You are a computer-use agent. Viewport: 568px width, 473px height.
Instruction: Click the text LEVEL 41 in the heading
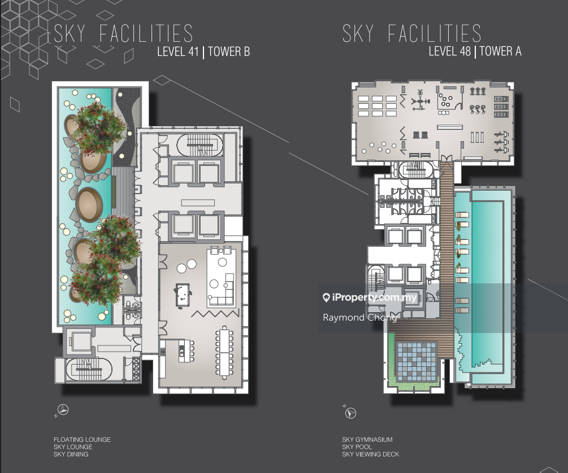[178, 51]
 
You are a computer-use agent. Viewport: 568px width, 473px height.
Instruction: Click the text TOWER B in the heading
[229, 51]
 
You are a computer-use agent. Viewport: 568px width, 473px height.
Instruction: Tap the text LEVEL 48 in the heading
[449, 51]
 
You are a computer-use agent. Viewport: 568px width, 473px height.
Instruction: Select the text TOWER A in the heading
[501, 51]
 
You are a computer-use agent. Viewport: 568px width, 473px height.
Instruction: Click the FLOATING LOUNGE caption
[82, 439]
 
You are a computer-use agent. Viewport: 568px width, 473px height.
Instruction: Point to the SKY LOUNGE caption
[73, 446]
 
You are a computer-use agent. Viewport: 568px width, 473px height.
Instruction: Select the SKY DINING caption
[71, 454]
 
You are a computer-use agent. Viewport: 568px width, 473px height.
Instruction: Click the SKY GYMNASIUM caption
[367, 439]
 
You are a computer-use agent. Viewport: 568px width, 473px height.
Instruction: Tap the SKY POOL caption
[357, 446]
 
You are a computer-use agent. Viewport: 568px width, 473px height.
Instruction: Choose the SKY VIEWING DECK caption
[371, 454]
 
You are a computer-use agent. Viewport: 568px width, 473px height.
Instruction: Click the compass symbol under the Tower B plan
[64, 410]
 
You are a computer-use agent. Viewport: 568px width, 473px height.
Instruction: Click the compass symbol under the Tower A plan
[350, 413]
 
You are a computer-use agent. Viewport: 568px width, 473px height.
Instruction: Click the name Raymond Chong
[359, 317]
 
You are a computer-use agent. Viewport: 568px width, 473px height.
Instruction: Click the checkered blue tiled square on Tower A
[417, 362]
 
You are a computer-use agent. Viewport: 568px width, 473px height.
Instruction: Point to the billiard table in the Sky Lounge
[183, 295]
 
